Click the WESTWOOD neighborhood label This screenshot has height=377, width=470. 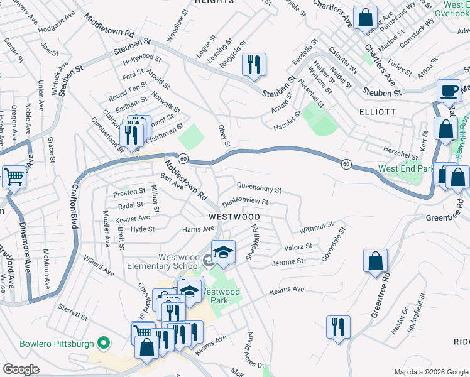pos(234,216)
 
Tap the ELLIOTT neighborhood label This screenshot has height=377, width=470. pos(377,111)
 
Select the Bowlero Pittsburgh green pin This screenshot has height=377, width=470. pos(104,344)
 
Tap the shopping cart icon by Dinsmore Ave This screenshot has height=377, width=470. pos(14,177)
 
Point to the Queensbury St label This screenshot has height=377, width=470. pos(258,188)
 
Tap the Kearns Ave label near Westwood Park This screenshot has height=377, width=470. pos(287,290)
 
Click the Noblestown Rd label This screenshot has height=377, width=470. pos(185,178)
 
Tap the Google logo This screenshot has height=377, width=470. pos(21,369)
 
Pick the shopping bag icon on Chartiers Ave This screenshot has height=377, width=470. pos(365,18)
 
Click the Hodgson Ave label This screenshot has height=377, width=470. pos(56,30)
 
